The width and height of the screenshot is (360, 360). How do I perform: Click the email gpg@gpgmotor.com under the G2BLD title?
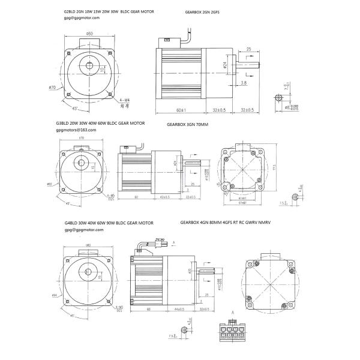(82, 18)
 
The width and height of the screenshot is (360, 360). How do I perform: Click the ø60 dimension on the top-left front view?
(89, 34)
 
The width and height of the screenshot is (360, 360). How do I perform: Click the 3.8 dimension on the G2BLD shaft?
(244, 83)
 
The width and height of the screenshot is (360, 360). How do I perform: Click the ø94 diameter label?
(55, 296)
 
